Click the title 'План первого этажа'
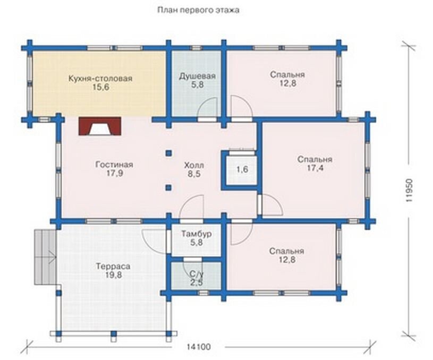198,11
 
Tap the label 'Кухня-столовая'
100,78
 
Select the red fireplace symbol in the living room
100,126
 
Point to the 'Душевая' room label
197,76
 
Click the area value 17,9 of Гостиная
114,174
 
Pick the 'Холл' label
194,165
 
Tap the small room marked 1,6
242,169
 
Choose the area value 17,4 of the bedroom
315,168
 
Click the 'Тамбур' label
197,234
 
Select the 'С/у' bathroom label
197,274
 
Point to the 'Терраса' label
113,267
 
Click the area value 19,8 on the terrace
114,275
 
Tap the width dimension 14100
199,347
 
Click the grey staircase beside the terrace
45,257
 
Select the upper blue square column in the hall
168,153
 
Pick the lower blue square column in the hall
168,188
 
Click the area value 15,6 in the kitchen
100,87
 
